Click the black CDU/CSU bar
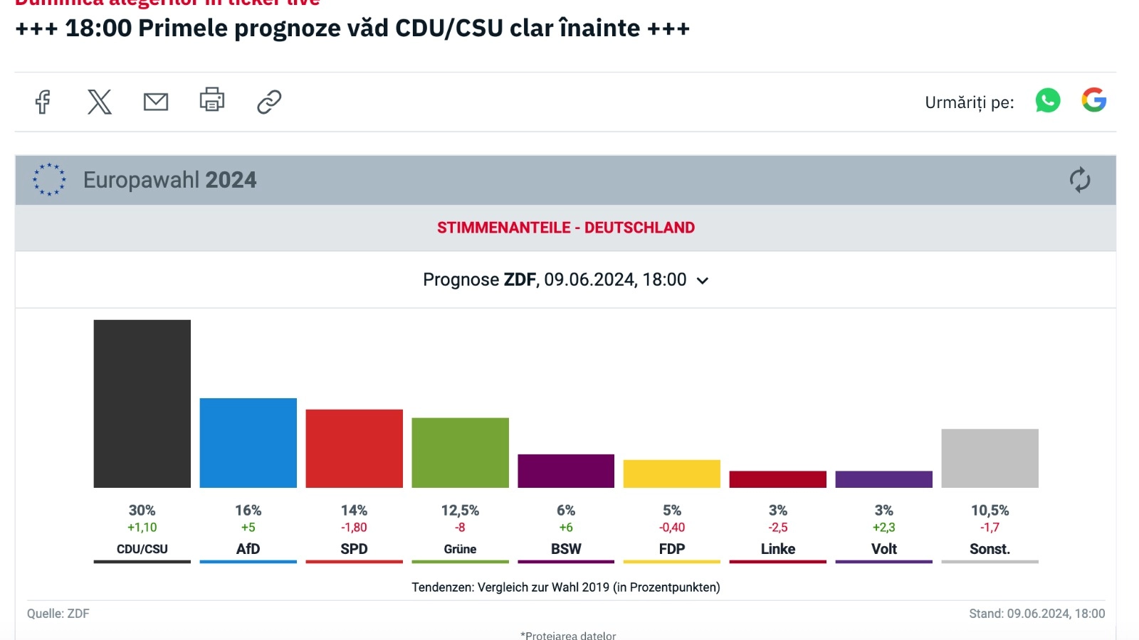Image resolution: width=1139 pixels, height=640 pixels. (142, 403)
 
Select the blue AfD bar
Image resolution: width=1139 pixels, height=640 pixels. (248, 442)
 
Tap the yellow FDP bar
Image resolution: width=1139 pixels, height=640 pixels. (671, 474)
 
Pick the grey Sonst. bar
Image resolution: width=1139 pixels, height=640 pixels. (990, 458)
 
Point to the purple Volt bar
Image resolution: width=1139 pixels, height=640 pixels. (883, 479)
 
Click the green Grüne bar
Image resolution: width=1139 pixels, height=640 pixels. (460, 452)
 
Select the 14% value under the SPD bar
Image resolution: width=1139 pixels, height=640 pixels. (354, 511)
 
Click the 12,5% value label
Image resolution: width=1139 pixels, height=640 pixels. (460, 511)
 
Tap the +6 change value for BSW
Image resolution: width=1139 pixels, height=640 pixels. (566, 528)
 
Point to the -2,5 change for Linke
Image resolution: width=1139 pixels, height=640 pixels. (778, 528)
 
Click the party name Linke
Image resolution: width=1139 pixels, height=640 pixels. (778, 549)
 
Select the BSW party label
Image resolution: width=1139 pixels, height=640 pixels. (566, 549)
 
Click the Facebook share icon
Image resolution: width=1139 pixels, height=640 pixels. (43, 102)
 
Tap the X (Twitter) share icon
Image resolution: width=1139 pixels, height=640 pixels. (100, 102)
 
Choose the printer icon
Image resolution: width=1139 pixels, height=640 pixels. (212, 100)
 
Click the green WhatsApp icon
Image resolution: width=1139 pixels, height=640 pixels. (1048, 100)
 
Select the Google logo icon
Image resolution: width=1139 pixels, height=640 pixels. (1094, 100)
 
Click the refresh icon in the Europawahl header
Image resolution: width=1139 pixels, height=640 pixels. (1080, 180)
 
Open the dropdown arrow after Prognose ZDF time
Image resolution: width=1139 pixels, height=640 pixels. (703, 281)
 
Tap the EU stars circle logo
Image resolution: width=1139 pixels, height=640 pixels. (49, 180)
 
